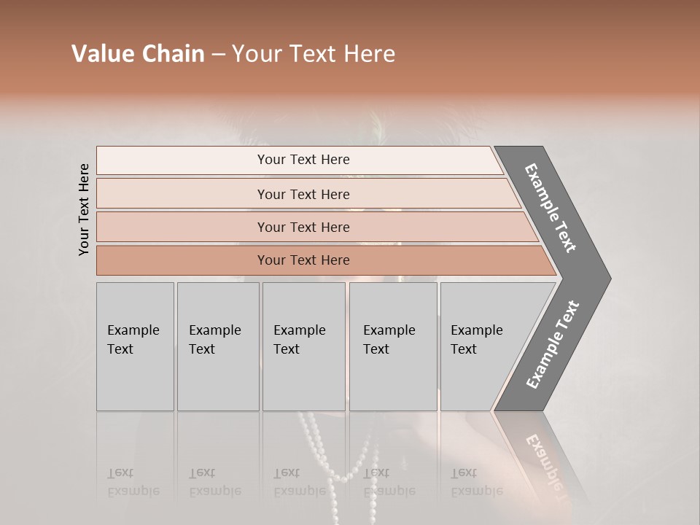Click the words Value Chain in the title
pos(138,54)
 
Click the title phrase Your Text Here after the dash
pos(314,54)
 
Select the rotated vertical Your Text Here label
pos(84,209)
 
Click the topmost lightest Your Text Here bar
pos(303,160)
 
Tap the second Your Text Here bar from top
pos(303,194)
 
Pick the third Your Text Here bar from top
pos(303,227)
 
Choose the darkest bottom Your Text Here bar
pos(303,260)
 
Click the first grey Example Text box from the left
pos(135,346)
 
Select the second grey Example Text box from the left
pos(217,346)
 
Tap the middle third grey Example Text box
pos(303,346)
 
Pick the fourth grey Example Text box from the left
pos(392,346)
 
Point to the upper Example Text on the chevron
pos(551,208)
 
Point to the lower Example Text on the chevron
pos(553,345)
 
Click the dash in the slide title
pos(218,54)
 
